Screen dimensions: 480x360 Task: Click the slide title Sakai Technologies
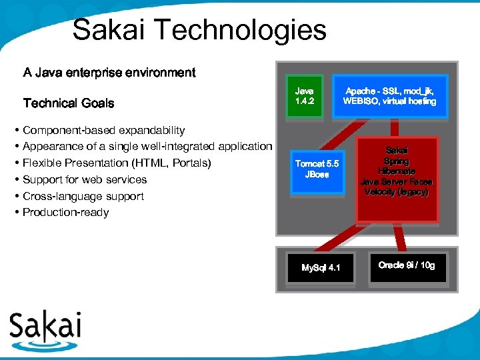pyautogui.click(x=199, y=30)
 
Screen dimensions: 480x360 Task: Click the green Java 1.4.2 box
pyautogui.click(x=305, y=96)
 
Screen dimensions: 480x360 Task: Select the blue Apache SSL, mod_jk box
pyautogui.click(x=389, y=96)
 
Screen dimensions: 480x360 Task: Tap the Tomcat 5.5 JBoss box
pyautogui.click(x=317, y=169)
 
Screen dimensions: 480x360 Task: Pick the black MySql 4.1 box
pyautogui.click(x=321, y=267)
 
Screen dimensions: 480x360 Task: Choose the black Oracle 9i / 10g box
pyautogui.click(x=406, y=265)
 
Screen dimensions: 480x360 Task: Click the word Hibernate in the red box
pyautogui.click(x=397, y=171)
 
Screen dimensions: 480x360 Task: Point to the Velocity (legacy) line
pyautogui.click(x=397, y=191)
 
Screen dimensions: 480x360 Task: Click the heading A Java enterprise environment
pyautogui.click(x=109, y=72)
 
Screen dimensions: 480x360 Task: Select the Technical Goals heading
pyautogui.click(x=69, y=103)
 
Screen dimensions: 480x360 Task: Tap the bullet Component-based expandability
pyautogui.click(x=103, y=130)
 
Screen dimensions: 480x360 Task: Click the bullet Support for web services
pyautogui.click(x=85, y=179)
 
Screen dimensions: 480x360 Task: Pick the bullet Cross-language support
pyautogui.click(x=83, y=196)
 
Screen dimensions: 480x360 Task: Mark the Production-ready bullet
pyautogui.click(x=65, y=212)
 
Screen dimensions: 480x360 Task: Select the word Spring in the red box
pyautogui.click(x=397, y=161)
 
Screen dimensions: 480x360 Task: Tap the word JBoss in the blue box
pyautogui.click(x=317, y=175)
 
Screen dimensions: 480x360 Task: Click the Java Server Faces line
pyautogui.click(x=397, y=181)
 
